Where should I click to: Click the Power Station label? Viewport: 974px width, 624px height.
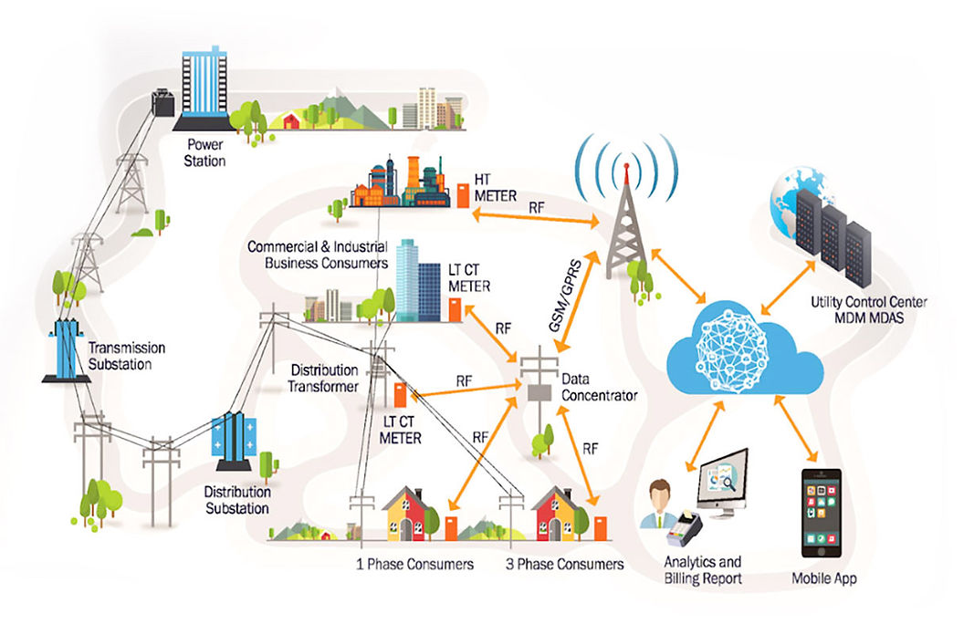click(x=204, y=152)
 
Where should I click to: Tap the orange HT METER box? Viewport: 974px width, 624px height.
click(x=464, y=195)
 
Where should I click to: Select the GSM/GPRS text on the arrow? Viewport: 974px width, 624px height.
click(x=565, y=296)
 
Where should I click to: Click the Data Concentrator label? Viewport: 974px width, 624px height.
click(x=599, y=387)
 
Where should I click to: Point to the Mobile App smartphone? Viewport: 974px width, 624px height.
click(x=822, y=514)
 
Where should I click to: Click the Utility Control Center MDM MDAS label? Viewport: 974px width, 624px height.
click(x=868, y=310)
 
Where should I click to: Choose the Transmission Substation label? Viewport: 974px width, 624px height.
click(x=127, y=356)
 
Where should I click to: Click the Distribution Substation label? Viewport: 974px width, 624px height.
click(x=237, y=500)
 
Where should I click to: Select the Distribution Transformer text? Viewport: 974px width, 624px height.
click(x=323, y=378)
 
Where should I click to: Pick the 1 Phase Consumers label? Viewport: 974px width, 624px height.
click(x=414, y=564)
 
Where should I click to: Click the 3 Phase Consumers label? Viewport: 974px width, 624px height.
click(x=565, y=564)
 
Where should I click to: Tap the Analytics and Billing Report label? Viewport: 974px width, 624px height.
click(x=703, y=570)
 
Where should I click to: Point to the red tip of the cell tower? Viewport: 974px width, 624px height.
click(x=626, y=166)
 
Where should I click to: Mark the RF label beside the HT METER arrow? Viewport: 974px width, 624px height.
click(x=536, y=208)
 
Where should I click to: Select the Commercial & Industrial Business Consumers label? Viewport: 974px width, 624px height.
click(x=318, y=255)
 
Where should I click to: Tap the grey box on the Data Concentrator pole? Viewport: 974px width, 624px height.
click(x=539, y=392)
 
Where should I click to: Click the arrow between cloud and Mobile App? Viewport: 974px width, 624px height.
click(x=796, y=429)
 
